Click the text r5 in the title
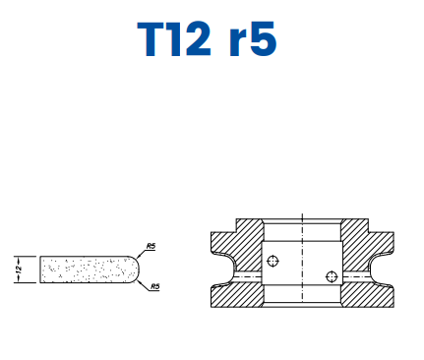click(252, 42)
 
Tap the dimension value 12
click(19, 267)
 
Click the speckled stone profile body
click(84, 267)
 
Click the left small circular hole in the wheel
click(273, 261)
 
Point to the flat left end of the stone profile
click(40, 267)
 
